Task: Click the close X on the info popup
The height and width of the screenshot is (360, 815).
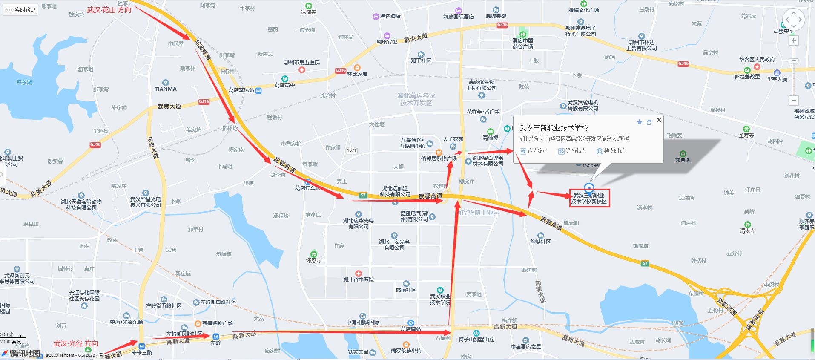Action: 659,120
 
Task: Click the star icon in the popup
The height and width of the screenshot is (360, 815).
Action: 639,122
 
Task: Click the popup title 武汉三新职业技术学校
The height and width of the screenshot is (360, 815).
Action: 554,128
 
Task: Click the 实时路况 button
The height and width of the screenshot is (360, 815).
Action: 21,10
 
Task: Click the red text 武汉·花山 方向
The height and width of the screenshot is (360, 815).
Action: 109,10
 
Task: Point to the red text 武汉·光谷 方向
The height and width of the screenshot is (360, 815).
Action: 76,343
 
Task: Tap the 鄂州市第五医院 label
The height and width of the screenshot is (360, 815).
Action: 301,63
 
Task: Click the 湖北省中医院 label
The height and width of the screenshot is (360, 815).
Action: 359,280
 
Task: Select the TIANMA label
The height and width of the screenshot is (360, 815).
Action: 166,89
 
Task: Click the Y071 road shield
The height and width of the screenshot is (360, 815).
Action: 351,150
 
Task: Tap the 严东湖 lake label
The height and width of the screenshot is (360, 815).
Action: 24,82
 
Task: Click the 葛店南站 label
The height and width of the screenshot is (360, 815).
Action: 411,329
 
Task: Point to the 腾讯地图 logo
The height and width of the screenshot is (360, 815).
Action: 25,354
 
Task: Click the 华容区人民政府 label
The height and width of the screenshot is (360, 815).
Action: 757,60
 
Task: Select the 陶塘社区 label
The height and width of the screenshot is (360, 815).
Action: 540,242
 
